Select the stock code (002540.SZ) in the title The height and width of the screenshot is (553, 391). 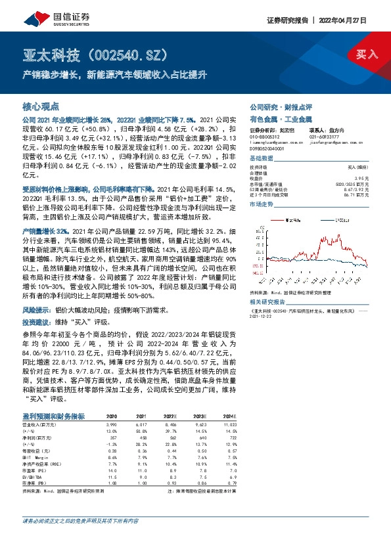tap(127, 54)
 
